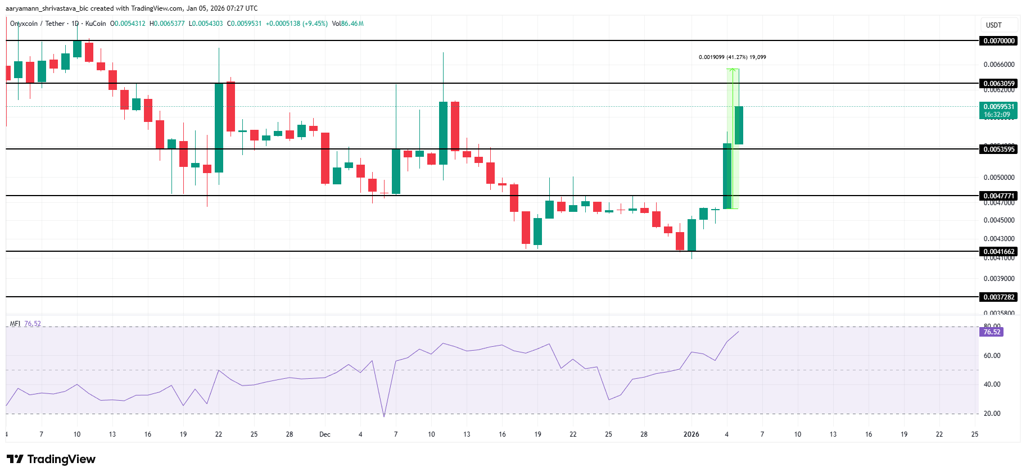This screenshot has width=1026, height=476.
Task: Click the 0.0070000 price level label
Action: [998, 41]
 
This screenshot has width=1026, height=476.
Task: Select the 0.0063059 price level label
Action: [998, 84]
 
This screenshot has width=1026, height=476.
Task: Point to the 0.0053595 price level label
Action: [998, 149]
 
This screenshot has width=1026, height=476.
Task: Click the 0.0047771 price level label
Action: [998, 196]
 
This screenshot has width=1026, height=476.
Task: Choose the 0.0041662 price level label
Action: [998, 252]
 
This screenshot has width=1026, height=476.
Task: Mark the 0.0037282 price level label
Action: [998, 297]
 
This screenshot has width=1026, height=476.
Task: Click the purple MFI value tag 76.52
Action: [992, 332]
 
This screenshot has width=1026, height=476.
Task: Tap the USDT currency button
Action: [993, 25]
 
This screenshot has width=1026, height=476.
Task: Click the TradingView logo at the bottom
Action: [51, 459]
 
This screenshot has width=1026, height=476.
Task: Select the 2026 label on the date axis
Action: [691, 434]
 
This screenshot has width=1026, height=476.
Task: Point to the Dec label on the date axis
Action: [325, 434]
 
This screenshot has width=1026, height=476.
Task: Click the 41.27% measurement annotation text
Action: [732, 57]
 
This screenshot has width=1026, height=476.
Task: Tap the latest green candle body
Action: [739, 125]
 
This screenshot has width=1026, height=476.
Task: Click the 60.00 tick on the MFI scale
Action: [992, 356]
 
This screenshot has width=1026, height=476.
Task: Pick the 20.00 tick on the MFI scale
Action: [992, 414]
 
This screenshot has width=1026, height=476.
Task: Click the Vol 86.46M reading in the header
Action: [347, 24]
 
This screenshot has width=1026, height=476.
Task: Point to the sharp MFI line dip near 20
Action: [384, 416]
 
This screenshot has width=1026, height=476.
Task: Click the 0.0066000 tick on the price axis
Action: [998, 65]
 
